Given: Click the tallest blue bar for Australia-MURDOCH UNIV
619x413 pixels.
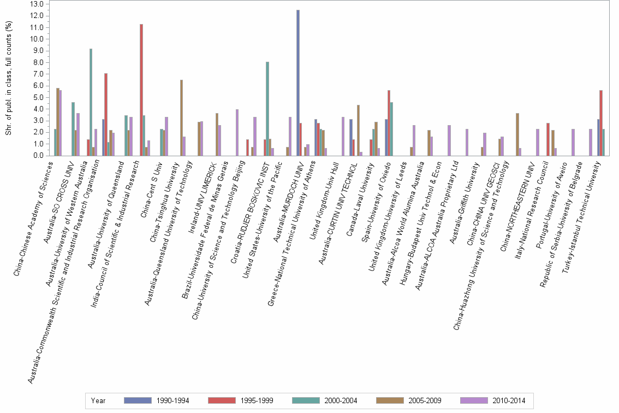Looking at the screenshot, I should (x=297, y=82).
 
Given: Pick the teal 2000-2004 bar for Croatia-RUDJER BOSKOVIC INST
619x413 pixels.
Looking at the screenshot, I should (x=267, y=109).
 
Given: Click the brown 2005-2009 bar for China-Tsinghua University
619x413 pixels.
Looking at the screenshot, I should (x=181, y=118).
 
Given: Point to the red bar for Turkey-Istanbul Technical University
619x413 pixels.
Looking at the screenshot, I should (x=600, y=123).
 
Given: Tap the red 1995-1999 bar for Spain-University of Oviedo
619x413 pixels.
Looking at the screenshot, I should (x=389, y=123).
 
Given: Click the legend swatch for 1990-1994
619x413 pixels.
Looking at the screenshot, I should (x=137, y=400).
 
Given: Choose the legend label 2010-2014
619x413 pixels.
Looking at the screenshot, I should (x=509, y=400).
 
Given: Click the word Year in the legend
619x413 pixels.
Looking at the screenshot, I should (x=98, y=400).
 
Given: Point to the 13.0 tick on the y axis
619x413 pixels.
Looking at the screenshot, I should (x=38, y=4).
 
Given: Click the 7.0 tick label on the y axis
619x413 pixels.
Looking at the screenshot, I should (x=38, y=74).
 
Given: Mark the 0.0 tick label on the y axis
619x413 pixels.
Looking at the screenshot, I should (x=38, y=156).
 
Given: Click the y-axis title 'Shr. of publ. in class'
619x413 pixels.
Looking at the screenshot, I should (x=8, y=79).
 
